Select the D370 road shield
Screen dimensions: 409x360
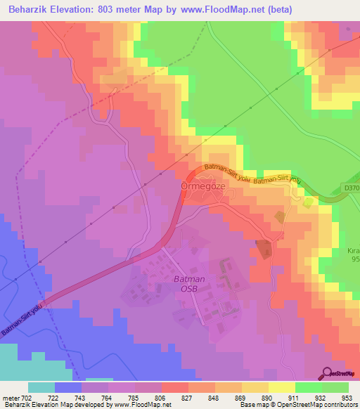pyautogui.click(x=352, y=188)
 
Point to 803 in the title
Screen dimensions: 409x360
pyautogui.click(x=108, y=9)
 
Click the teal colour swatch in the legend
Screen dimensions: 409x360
pyautogui.click(x=41, y=387)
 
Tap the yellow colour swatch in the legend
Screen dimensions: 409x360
pyautogui.click(x=282, y=387)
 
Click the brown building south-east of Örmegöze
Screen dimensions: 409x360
pyautogui.click(x=264, y=249)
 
